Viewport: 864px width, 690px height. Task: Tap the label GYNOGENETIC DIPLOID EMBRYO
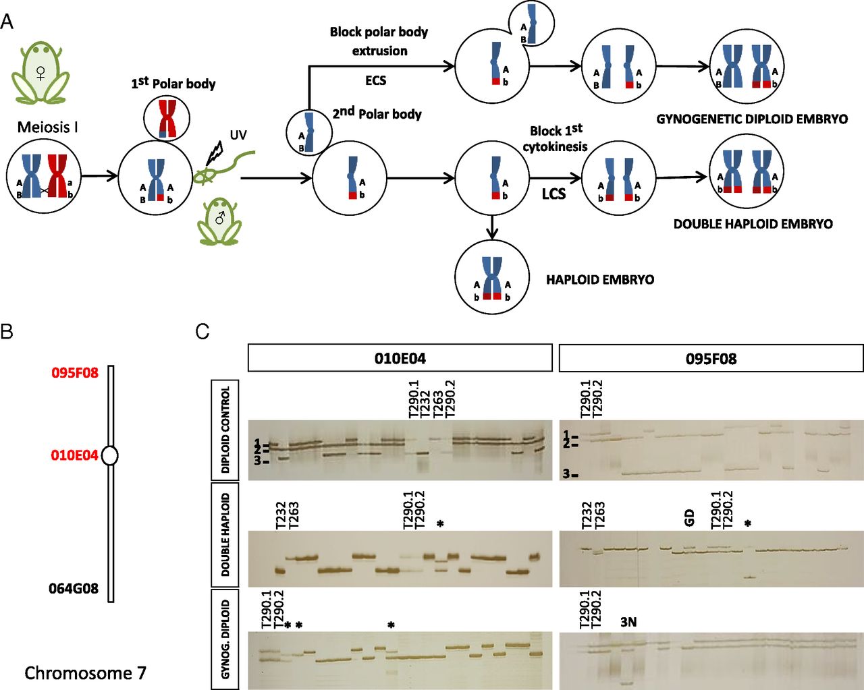(752, 119)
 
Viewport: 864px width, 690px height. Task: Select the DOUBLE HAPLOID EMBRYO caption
(753, 224)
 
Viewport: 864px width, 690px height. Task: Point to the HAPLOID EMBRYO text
(600, 279)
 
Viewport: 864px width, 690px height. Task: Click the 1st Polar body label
(173, 84)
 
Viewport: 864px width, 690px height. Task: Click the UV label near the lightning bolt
(238, 136)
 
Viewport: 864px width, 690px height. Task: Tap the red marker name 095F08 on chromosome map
(74, 372)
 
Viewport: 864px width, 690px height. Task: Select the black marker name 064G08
(73, 589)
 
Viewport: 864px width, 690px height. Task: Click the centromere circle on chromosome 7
(109, 456)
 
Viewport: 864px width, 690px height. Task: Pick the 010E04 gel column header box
(400, 358)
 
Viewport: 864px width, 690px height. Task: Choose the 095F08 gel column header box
(711, 358)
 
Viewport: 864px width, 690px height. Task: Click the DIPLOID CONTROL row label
(225, 430)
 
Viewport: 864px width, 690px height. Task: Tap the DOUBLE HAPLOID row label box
(225, 535)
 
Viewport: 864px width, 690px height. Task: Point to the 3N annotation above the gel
(628, 622)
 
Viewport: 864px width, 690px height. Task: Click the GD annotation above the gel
(689, 518)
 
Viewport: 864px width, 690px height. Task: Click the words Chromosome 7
(85, 673)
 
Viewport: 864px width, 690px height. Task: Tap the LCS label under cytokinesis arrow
(553, 194)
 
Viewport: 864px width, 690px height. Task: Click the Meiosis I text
(47, 127)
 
